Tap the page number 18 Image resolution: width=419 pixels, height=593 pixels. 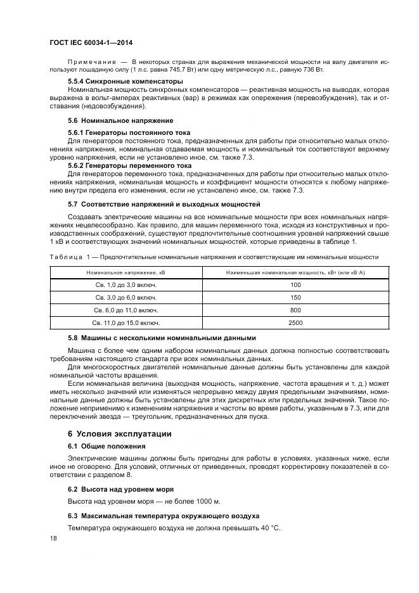point(53,538)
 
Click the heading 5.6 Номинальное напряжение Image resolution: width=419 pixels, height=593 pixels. point(120,120)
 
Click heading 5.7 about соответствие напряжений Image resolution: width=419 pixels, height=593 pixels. point(164,204)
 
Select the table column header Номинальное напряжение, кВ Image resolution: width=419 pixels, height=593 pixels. point(122,272)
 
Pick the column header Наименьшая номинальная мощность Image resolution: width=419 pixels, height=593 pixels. point(295,272)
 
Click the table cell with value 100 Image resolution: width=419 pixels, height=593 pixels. point(295,285)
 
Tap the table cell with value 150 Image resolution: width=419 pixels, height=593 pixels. point(295,298)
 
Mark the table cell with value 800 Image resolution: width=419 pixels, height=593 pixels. point(295,310)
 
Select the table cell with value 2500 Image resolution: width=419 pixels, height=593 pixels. point(295,323)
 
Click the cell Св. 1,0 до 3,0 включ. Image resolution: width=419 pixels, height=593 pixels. point(122,285)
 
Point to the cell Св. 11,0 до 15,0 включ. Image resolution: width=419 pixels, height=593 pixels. point(122,323)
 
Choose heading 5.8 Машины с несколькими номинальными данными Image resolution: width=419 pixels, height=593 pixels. point(162,338)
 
